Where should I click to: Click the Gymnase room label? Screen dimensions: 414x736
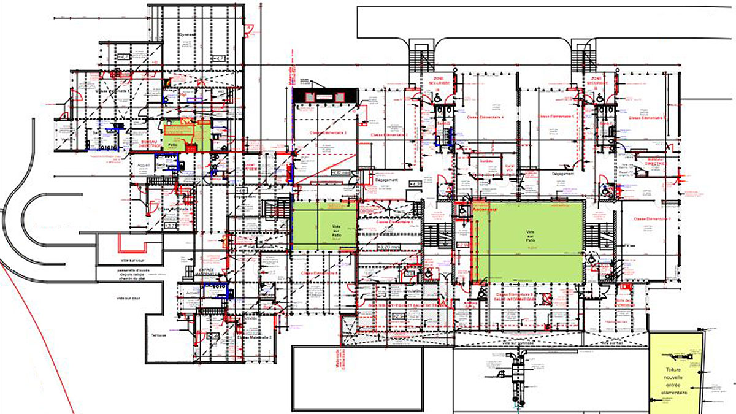186,35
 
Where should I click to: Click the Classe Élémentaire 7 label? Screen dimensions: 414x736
651,219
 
